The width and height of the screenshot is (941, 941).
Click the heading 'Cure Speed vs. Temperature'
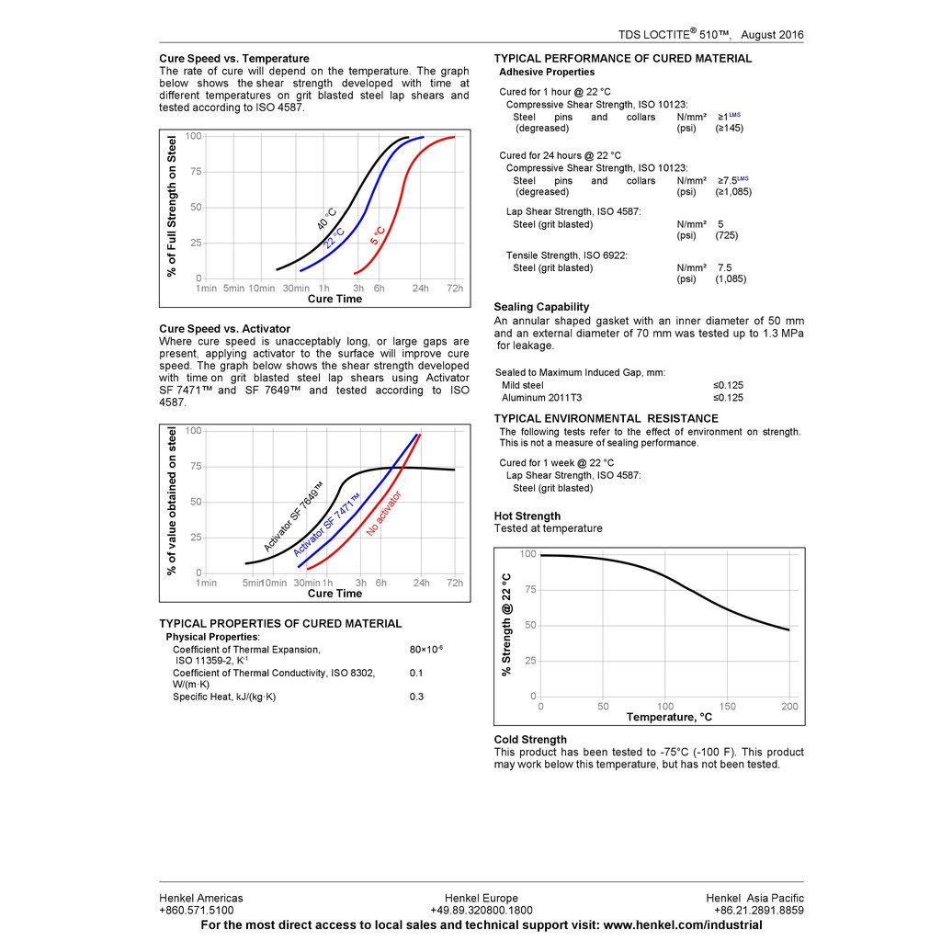(x=233, y=59)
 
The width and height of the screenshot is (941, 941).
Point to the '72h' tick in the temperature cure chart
(x=454, y=289)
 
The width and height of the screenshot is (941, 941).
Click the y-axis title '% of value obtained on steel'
(x=172, y=502)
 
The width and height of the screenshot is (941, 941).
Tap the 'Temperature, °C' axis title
(x=669, y=717)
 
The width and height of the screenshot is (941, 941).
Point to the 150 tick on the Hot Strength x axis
(x=727, y=707)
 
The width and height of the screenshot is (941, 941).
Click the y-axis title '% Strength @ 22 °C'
(x=506, y=625)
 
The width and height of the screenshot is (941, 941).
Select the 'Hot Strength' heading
(x=527, y=516)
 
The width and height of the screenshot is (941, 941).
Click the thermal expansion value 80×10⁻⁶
(x=425, y=650)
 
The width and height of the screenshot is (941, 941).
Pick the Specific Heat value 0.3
(x=416, y=697)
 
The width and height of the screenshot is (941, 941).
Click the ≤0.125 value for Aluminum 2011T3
(x=728, y=398)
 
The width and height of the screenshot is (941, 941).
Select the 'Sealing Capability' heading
(x=541, y=307)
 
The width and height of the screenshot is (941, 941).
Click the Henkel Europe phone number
(x=481, y=911)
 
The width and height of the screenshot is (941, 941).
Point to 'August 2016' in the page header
(x=772, y=35)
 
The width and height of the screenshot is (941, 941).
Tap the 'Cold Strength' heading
(x=530, y=740)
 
